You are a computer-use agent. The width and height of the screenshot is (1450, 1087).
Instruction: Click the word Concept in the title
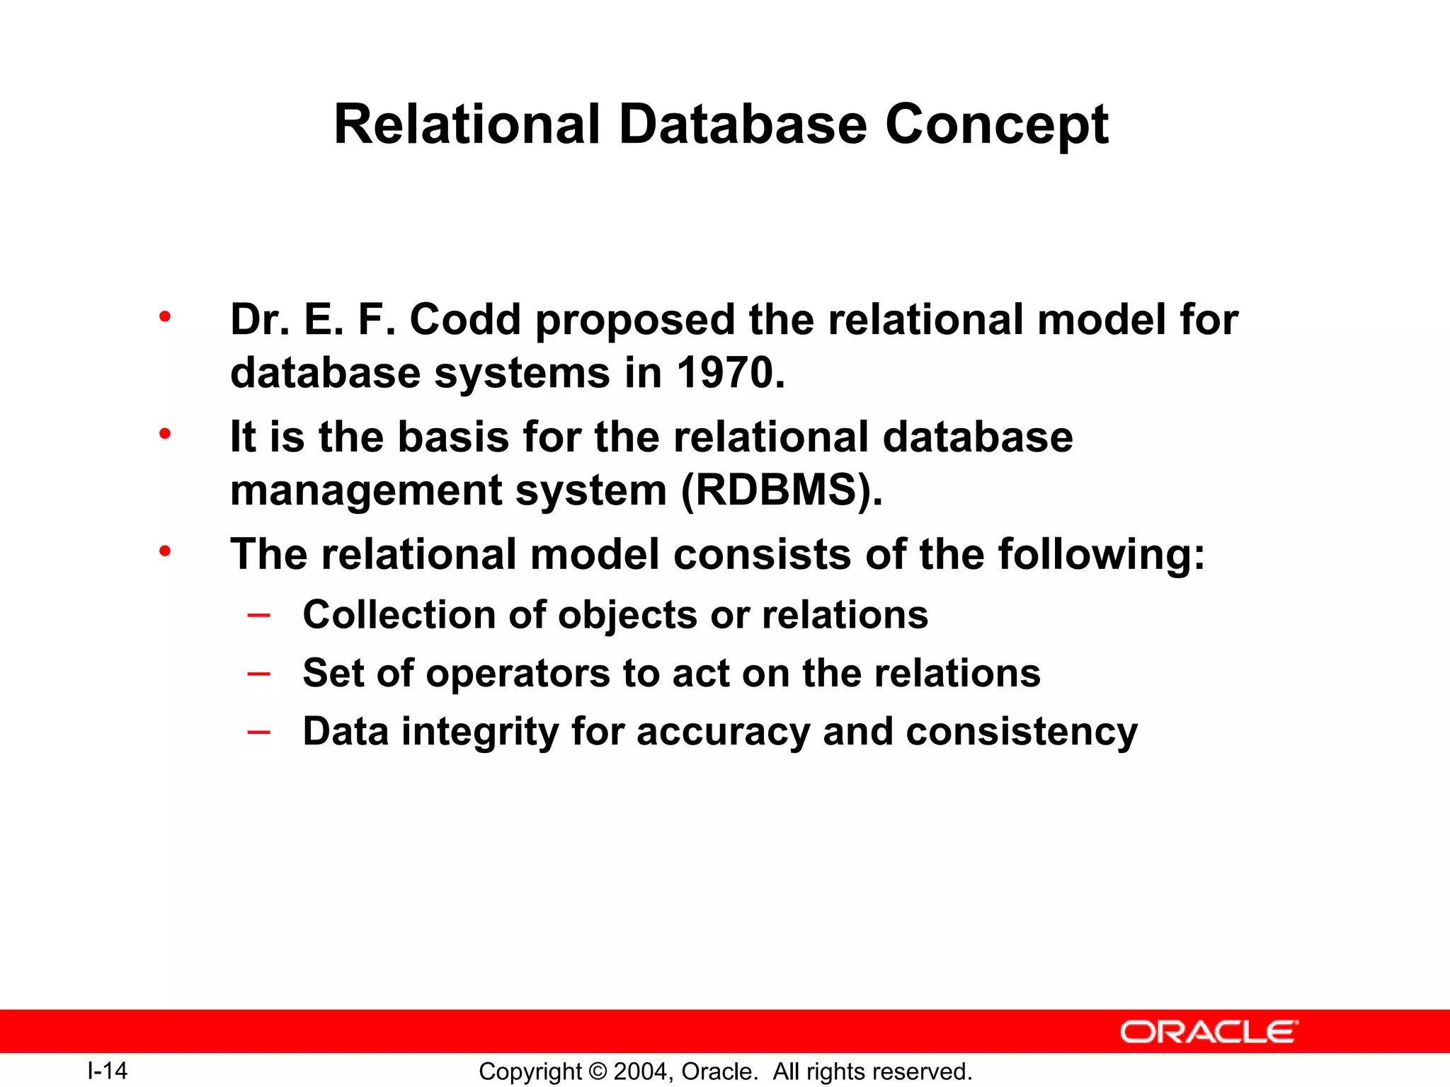996,125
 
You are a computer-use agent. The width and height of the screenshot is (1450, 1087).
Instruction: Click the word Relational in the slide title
467,125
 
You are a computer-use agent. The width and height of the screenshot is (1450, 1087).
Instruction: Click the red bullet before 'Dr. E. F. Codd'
165,316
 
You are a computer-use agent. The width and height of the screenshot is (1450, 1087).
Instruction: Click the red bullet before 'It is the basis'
165,434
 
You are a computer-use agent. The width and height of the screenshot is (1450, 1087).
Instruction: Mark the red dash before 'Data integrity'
258,732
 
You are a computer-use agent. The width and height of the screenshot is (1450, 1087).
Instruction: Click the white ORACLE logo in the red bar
1209,1032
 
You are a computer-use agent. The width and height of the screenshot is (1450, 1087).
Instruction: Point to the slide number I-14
107,1071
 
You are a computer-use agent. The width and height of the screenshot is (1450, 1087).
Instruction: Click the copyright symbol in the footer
598,1071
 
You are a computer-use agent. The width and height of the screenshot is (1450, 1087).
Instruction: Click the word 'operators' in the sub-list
518,674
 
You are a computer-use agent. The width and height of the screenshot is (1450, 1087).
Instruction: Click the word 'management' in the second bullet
365,490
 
